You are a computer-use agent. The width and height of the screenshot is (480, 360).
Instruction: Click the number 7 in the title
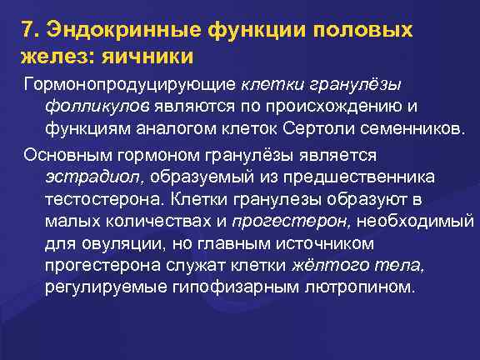(x=28, y=32)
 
